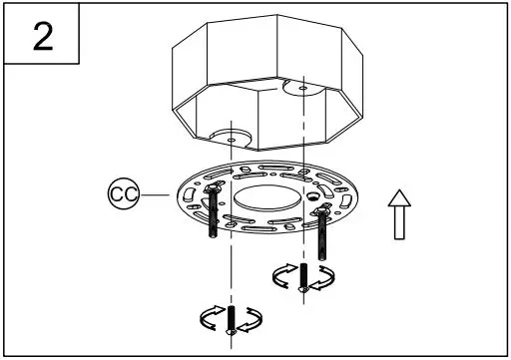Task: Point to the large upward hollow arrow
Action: (398, 215)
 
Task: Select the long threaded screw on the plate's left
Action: (215, 215)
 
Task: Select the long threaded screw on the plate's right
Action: (322, 229)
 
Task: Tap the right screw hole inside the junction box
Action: (303, 87)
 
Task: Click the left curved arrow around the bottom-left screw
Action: (212, 318)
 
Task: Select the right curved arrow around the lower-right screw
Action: (321, 278)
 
